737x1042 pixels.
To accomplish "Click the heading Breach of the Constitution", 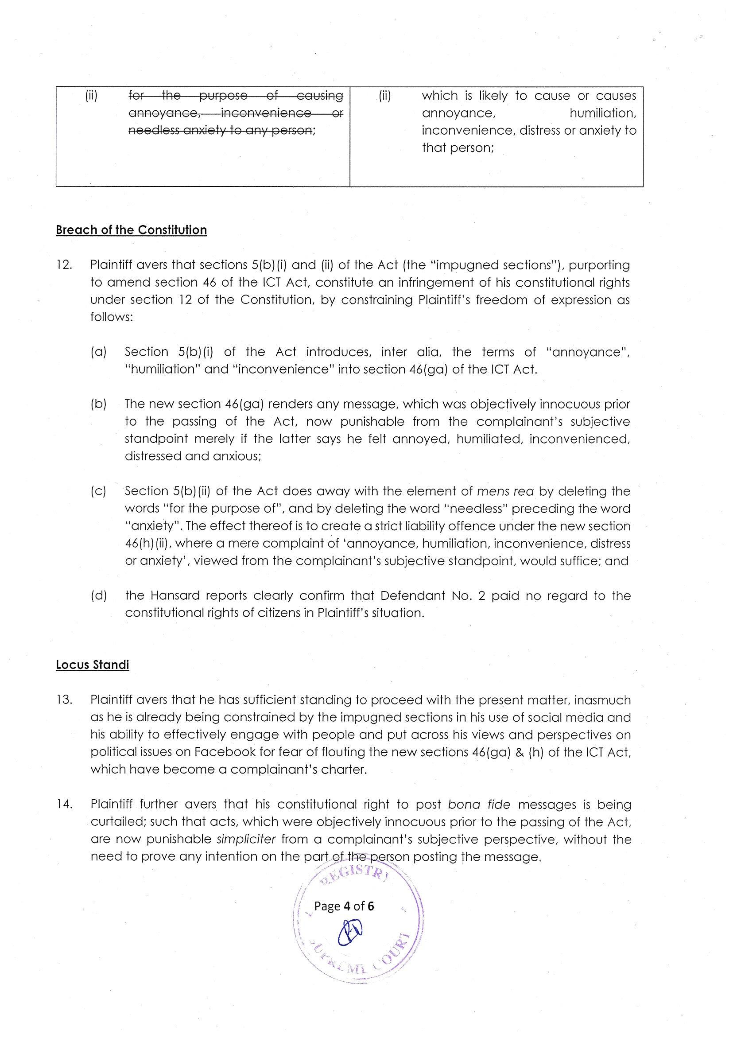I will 131,230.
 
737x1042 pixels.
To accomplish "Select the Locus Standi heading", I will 93,665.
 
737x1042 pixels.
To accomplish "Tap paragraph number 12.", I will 64,265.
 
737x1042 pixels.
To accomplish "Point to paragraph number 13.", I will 64,700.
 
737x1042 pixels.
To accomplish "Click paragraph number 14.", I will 64,805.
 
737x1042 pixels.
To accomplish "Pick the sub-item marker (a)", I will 98,352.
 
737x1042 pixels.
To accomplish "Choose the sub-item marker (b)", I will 98,404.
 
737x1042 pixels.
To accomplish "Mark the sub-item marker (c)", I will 98,491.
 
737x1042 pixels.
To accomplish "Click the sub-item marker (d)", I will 98,595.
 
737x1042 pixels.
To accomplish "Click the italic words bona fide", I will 479,805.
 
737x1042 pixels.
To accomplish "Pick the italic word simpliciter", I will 246,840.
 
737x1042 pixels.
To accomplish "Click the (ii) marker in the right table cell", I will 384,96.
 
